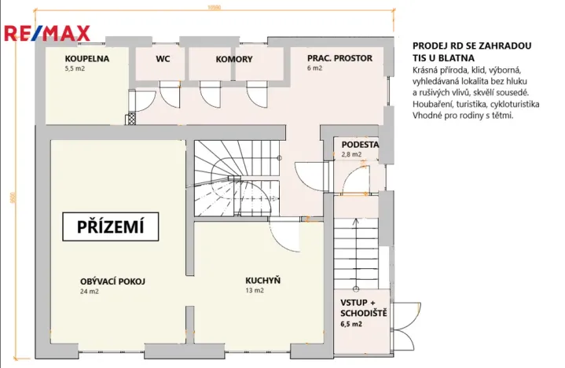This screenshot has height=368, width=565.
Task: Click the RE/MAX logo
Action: [x=47, y=33]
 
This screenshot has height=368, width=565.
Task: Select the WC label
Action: [x=163, y=59]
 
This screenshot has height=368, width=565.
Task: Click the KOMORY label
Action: [x=234, y=59]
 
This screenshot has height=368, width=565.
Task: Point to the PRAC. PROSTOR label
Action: [x=340, y=59]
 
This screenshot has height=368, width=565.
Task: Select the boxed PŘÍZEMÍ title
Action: [x=111, y=226]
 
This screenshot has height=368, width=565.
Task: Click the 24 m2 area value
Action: [x=89, y=292]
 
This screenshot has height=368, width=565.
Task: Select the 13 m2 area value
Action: [x=254, y=291]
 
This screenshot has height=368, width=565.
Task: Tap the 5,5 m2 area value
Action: [x=75, y=69]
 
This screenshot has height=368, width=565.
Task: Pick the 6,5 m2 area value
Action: [x=351, y=323]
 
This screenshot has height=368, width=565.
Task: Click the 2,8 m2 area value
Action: [x=350, y=155]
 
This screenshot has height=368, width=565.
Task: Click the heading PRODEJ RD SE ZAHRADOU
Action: [x=471, y=46]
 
